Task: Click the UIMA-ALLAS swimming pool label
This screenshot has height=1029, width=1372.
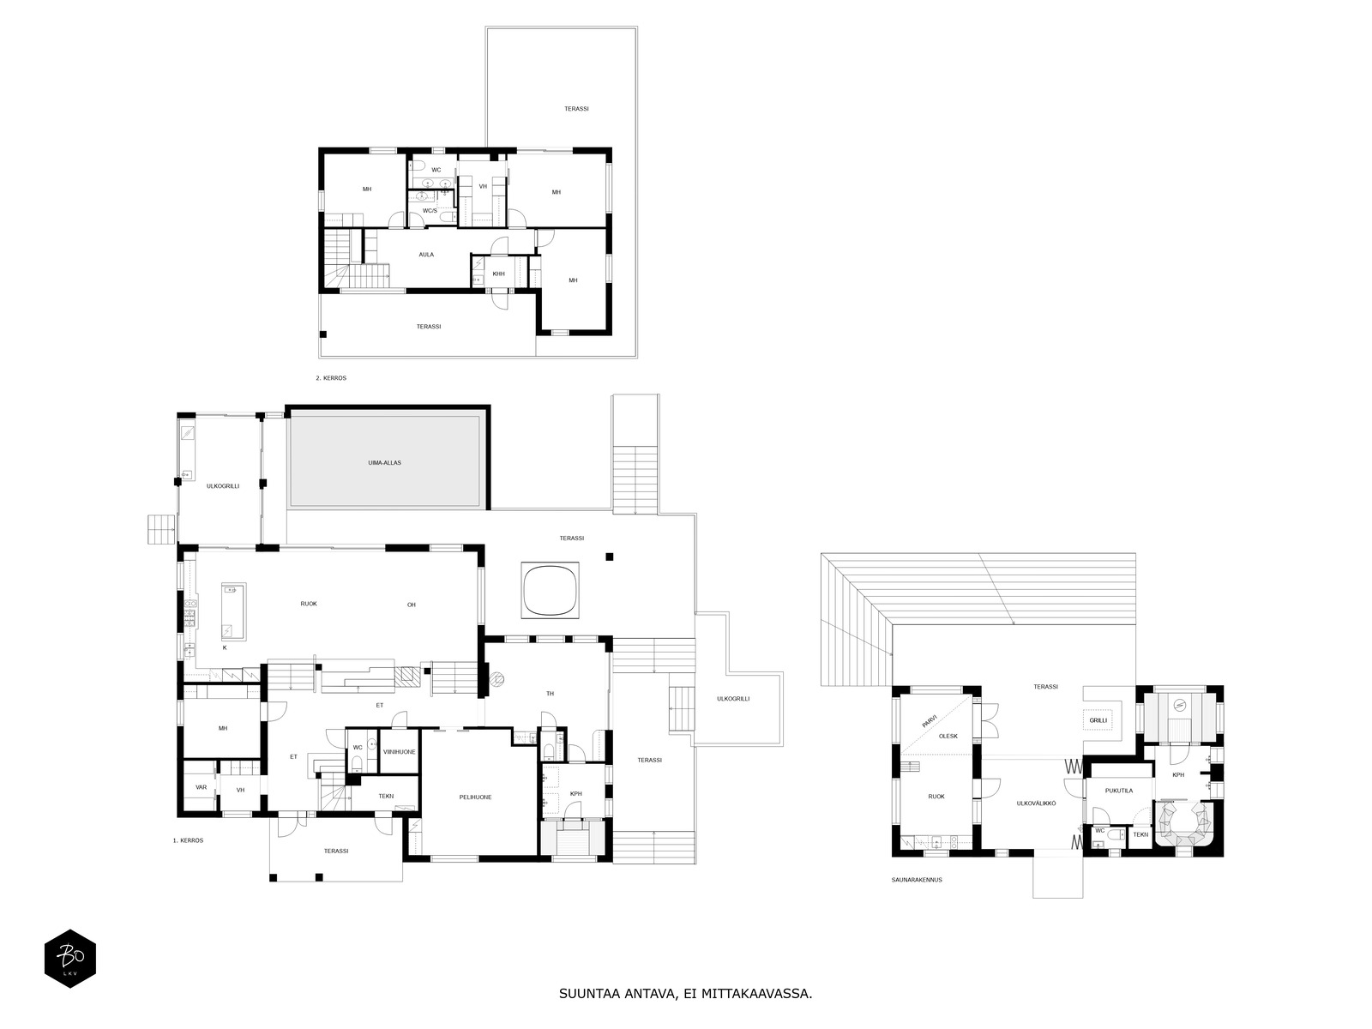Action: coord(384,463)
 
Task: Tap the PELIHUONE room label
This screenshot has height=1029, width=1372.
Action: coord(475,797)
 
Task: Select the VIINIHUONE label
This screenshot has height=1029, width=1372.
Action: coord(400,752)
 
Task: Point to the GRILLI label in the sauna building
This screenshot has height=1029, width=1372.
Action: coord(1098,720)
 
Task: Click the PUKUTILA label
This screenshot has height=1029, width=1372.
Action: coord(1119,791)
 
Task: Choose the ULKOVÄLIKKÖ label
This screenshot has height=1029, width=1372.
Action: coord(1037,803)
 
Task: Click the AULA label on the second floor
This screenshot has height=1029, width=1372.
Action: coord(426,255)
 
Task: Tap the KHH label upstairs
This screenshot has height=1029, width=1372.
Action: coord(498,274)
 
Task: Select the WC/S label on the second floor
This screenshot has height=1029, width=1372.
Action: coord(430,211)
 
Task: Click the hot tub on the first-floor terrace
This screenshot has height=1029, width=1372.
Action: coord(550,591)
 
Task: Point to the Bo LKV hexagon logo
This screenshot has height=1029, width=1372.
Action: coord(70,959)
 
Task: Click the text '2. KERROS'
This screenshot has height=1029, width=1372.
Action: coord(331,378)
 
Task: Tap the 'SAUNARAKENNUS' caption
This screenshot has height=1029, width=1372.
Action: coord(917,880)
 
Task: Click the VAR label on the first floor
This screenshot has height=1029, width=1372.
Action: coord(202,787)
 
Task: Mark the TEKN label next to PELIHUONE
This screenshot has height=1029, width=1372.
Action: coord(386,796)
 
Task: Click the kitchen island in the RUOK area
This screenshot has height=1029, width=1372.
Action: coord(234,611)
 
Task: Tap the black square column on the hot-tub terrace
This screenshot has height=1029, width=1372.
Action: coord(610,557)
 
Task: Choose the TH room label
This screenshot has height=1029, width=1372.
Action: coord(550,694)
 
